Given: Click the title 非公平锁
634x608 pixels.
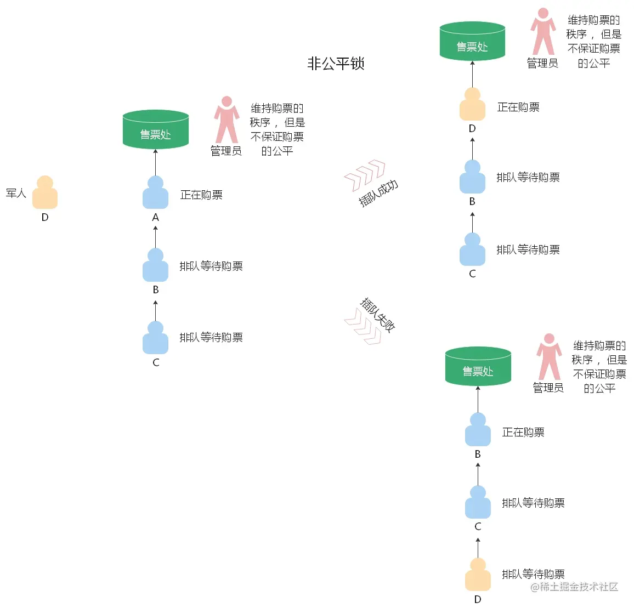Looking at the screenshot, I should pyautogui.click(x=336, y=64).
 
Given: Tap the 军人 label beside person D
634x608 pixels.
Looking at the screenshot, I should pyautogui.click(x=16, y=193).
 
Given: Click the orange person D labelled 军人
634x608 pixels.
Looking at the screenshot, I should pyautogui.click(x=45, y=193).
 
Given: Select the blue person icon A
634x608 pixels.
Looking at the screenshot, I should pyautogui.click(x=155, y=193).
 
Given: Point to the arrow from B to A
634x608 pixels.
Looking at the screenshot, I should pyautogui.click(x=156, y=236).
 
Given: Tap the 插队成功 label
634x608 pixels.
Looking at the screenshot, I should pyautogui.click(x=378, y=192).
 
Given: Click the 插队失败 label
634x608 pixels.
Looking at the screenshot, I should pyautogui.click(x=378, y=315).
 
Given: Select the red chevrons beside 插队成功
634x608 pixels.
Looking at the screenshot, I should pyautogui.click(x=365, y=175).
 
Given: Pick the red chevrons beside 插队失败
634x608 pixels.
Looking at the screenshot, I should pyautogui.click(x=363, y=326).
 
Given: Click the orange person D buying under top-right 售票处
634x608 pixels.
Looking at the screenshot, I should pyautogui.click(x=472, y=104).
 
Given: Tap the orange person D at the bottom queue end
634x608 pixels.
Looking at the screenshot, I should pyautogui.click(x=478, y=575).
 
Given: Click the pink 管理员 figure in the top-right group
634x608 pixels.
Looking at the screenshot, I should pyautogui.click(x=543, y=32).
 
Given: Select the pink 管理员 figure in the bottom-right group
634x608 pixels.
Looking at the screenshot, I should pyautogui.click(x=548, y=356).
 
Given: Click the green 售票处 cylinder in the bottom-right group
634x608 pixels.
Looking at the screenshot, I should pyautogui.click(x=478, y=367).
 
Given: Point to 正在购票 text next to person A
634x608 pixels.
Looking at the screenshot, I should pyautogui.click(x=201, y=195).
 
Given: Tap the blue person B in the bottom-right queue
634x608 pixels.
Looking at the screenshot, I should pyautogui.click(x=478, y=430).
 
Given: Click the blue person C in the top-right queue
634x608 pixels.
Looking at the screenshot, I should pyautogui.click(x=472, y=250).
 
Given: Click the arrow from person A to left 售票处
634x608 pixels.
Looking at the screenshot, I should pyautogui.click(x=156, y=162).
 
